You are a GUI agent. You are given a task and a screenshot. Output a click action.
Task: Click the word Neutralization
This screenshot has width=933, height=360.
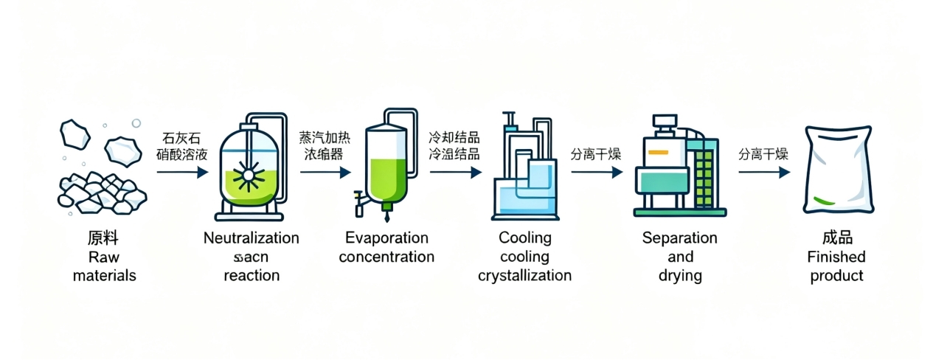click(251, 238)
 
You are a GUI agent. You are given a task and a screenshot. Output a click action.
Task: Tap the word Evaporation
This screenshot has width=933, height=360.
click(386, 238)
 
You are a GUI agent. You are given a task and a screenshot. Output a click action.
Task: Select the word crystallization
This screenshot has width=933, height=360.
click(524, 276)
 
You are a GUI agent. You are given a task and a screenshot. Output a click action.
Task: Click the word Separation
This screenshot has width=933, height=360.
click(679, 238)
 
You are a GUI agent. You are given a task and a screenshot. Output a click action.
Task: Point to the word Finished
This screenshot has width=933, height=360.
click(836, 257)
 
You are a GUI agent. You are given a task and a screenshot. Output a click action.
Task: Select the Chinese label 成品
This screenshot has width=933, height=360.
click(836, 238)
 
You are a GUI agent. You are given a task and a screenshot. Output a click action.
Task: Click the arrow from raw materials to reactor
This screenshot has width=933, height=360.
click(182, 172)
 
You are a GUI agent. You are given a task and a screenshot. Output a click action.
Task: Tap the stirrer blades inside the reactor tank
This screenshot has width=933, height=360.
click(246, 178)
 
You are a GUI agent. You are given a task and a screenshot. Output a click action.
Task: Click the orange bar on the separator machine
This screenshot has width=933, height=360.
click(657, 153)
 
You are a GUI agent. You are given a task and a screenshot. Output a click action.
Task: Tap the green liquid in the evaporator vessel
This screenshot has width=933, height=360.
click(386, 178)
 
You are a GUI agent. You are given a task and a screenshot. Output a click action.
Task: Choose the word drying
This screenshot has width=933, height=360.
click(679, 277)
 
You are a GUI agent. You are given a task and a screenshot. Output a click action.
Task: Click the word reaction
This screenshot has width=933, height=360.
click(251, 276)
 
